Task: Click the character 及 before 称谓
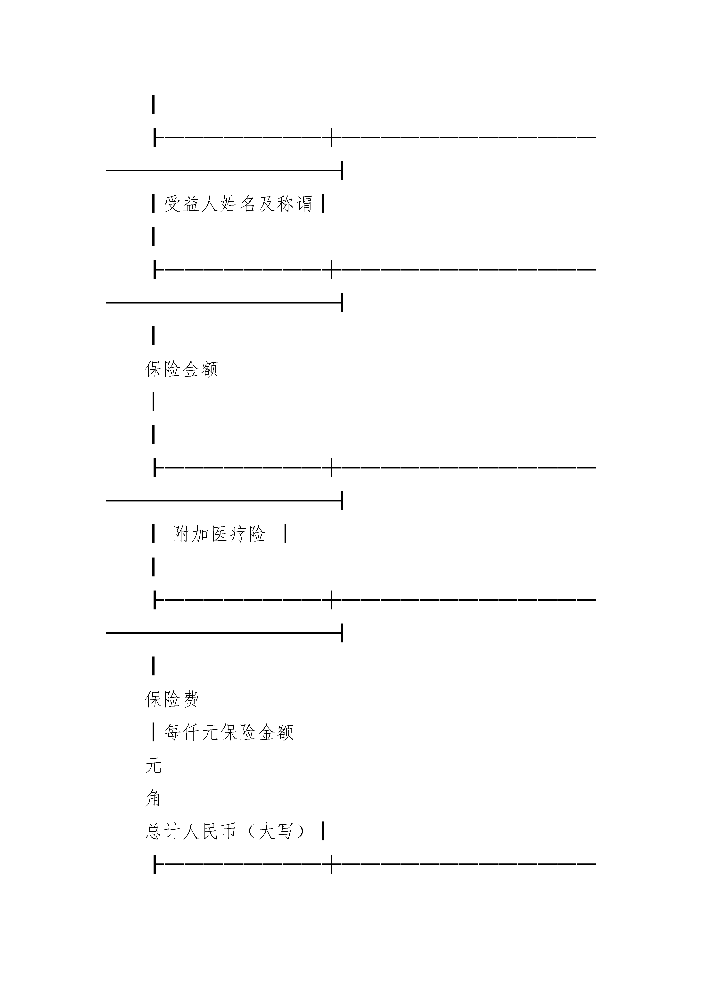[266, 204]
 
